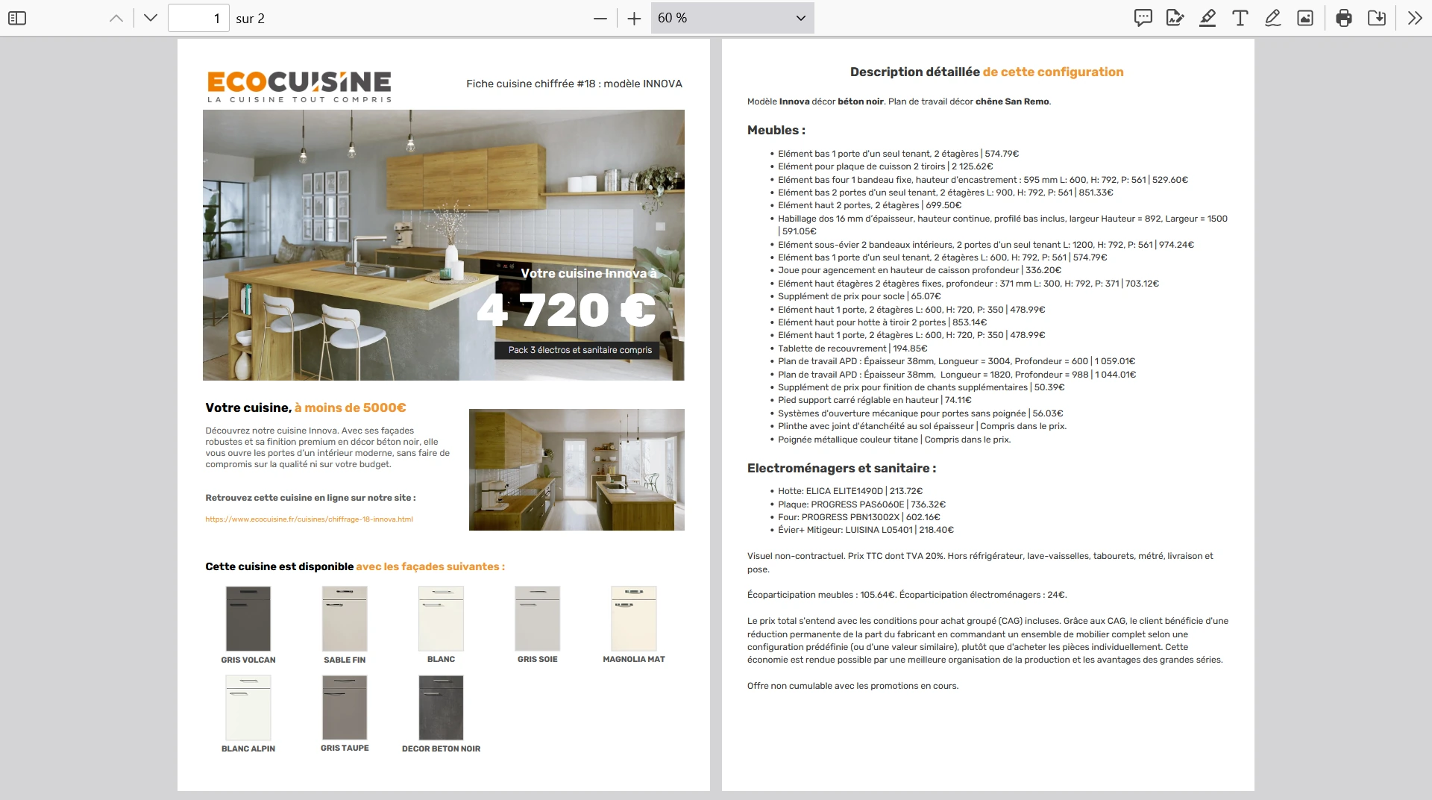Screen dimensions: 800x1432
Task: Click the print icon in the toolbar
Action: click(1344, 18)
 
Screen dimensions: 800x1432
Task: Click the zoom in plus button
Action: click(634, 19)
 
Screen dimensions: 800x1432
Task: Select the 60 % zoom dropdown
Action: click(732, 18)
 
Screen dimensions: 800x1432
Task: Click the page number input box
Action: click(198, 18)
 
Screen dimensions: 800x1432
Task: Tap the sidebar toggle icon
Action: click(16, 18)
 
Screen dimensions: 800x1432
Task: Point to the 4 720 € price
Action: click(566, 310)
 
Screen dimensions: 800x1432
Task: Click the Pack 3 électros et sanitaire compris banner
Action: click(580, 350)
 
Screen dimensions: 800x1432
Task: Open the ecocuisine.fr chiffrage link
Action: click(309, 519)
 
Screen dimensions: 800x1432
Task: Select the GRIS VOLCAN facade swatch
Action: click(248, 619)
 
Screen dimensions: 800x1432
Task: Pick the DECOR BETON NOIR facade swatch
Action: click(441, 707)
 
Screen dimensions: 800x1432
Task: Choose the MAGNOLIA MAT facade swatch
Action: click(633, 619)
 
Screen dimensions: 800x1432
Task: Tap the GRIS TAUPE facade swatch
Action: click(345, 707)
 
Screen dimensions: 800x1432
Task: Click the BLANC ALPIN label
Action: click(248, 749)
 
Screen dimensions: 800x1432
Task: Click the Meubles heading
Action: click(776, 131)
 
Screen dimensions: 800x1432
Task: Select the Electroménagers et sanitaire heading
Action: click(841, 469)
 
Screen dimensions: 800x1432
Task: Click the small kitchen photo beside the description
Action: click(577, 469)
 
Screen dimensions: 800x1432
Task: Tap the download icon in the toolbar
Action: click(1377, 18)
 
